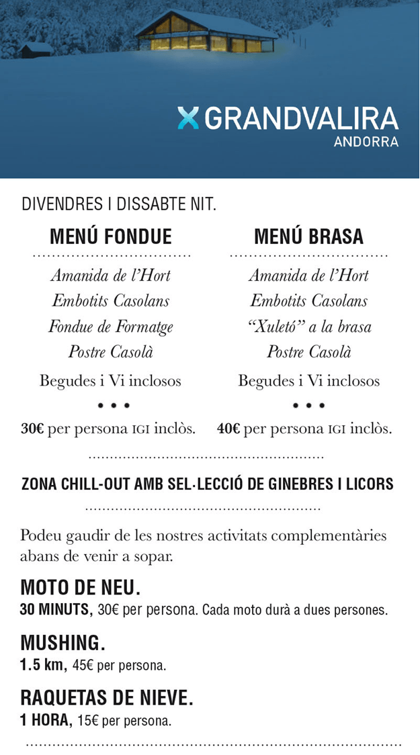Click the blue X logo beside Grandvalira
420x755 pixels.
[x=189, y=118]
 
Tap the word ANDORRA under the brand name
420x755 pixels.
[x=366, y=142]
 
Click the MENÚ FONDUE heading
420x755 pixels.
[x=111, y=236]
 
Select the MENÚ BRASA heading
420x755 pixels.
[x=308, y=236]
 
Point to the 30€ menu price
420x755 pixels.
[x=33, y=429]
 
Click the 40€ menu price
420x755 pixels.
[x=229, y=429]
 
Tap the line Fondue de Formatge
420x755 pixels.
[x=111, y=327]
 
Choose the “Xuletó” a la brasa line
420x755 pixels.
[x=309, y=327]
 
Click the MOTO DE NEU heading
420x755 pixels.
[x=81, y=588]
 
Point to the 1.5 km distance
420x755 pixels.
[x=42, y=666]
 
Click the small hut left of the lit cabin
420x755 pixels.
[x=36, y=49]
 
